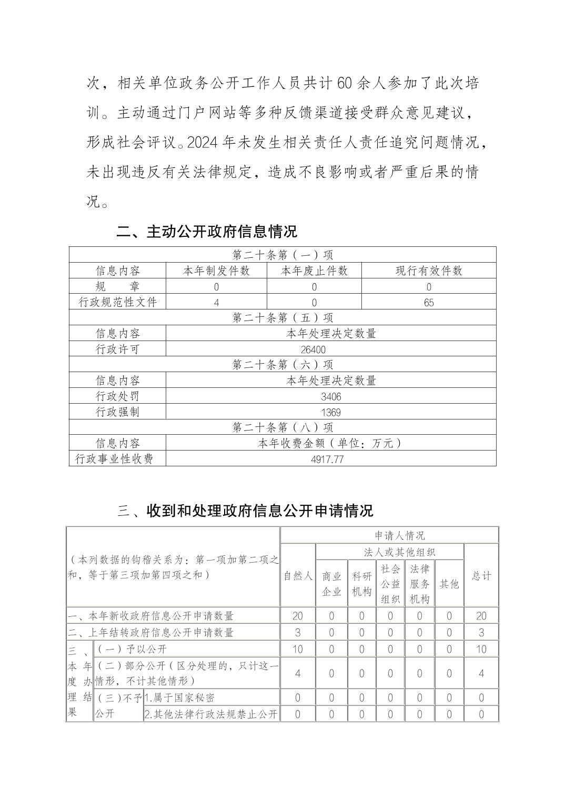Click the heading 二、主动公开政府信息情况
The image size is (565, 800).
point(206,232)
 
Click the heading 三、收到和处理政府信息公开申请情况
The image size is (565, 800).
point(245,510)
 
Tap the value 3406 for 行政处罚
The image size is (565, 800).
point(331,396)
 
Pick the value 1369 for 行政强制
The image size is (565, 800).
point(331,412)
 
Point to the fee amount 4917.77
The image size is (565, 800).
point(327,459)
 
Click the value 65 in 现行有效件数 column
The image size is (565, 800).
point(429,303)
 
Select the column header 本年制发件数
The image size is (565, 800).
point(216,271)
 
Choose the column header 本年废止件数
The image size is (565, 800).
point(314,271)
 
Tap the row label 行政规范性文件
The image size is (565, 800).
point(117,302)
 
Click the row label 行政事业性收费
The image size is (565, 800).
point(114,459)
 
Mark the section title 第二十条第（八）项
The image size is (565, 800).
point(282,427)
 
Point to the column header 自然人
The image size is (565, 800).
point(298,576)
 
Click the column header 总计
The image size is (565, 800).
point(481,576)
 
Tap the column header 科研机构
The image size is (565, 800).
point(361,584)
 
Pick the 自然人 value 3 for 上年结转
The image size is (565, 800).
point(298,632)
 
